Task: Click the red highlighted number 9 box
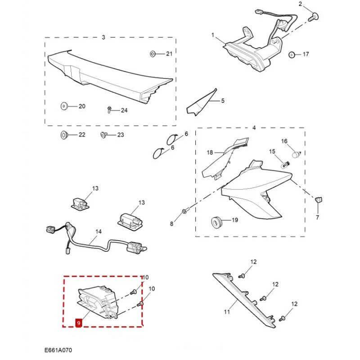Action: [x=79, y=323]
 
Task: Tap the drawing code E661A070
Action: [x=58, y=350]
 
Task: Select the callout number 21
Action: [x=169, y=54]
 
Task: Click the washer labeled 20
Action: [x=63, y=106]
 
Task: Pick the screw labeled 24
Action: [x=109, y=109]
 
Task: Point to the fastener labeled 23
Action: [x=103, y=135]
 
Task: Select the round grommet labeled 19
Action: [x=217, y=222]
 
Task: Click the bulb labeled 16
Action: [x=295, y=154]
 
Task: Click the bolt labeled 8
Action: [x=185, y=211]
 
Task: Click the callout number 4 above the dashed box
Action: [x=254, y=128]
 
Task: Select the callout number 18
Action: [x=209, y=153]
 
